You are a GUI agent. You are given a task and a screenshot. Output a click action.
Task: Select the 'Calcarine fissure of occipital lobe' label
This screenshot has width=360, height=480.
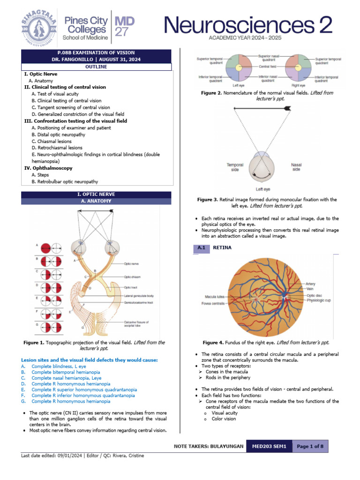pyautogui.click(x=136, y=324)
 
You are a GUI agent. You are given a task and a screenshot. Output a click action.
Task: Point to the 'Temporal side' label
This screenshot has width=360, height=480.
pyautogui.click(x=235, y=167)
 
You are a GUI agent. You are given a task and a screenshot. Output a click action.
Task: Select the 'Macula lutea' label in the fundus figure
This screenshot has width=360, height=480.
pyautogui.click(x=215, y=297)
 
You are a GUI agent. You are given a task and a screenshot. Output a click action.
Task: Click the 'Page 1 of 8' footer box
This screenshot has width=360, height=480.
pyautogui.click(x=310, y=446)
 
